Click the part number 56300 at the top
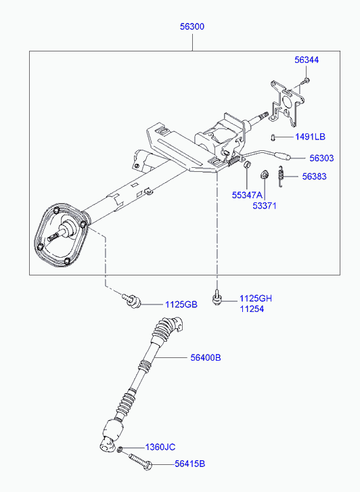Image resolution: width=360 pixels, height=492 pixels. [192, 26]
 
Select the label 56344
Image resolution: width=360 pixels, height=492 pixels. [307, 60]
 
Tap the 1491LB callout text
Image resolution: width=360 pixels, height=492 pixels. [310, 137]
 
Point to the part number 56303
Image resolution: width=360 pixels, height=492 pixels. [321, 158]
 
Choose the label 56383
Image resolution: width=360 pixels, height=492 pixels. [314, 177]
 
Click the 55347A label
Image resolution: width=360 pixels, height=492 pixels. [247, 195]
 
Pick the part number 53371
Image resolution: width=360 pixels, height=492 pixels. [265, 206]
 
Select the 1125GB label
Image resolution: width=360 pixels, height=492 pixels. [181, 305]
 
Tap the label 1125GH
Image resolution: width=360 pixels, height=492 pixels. [256, 298]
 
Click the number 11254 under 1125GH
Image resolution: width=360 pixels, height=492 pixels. [252, 309]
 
